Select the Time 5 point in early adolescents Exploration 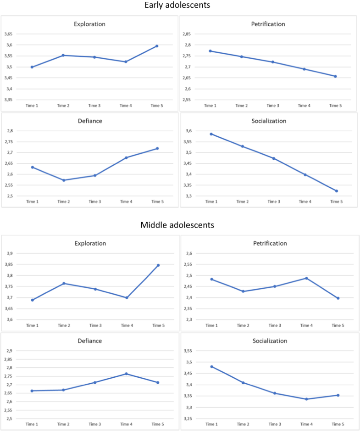click(x=157, y=46)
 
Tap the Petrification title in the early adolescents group click(x=268, y=24)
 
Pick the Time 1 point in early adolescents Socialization click(x=211, y=134)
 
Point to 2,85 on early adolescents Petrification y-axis click(x=186, y=34)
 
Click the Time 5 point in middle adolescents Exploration click(x=158, y=265)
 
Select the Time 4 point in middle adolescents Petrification click(x=306, y=278)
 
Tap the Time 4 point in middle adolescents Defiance click(x=127, y=374)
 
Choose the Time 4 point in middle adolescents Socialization click(x=306, y=399)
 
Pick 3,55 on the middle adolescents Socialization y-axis click(x=188, y=351)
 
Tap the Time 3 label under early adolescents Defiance click(x=95, y=202)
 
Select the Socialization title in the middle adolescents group click(x=269, y=341)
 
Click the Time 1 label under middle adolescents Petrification click(x=211, y=325)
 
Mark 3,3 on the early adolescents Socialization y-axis click(x=188, y=196)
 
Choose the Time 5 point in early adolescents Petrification click(x=335, y=76)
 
